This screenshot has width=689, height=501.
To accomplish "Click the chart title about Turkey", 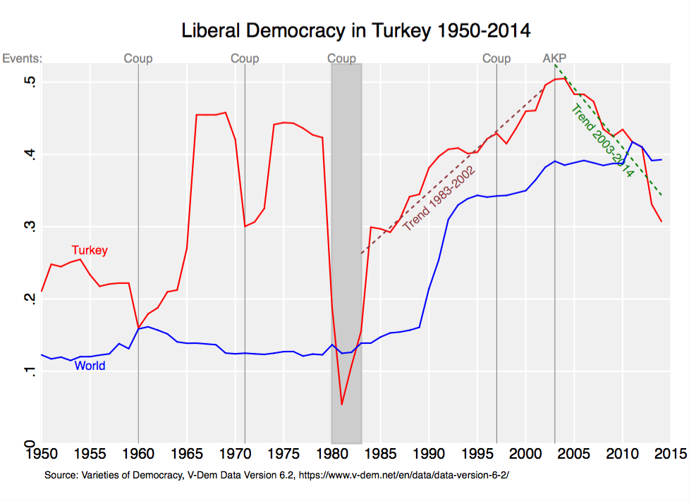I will (x=355, y=32).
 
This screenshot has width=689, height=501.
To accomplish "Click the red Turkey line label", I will (x=90, y=250).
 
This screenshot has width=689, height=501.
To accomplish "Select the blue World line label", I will (x=90, y=366).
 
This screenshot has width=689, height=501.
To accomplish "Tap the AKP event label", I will (x=554, y=58).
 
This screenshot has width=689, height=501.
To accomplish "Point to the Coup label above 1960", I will (x=138, y=58).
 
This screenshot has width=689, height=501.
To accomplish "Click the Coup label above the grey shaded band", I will (x=342, y=58).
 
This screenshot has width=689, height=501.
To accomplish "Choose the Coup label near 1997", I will (x=496, y=58).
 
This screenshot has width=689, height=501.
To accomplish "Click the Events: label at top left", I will (x=23, y=58).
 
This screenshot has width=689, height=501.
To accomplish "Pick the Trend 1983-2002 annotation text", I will (x=439, y=199).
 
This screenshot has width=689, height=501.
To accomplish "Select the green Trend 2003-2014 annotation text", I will (x=602, y=140).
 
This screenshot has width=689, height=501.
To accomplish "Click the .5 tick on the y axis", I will (x=30, y=82).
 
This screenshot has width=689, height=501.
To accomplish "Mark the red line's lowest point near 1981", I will (x=342, y=404).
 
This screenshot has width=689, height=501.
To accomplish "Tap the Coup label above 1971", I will (x=245, y=58).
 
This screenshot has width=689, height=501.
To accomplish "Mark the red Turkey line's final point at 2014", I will (x=661, y=222).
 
